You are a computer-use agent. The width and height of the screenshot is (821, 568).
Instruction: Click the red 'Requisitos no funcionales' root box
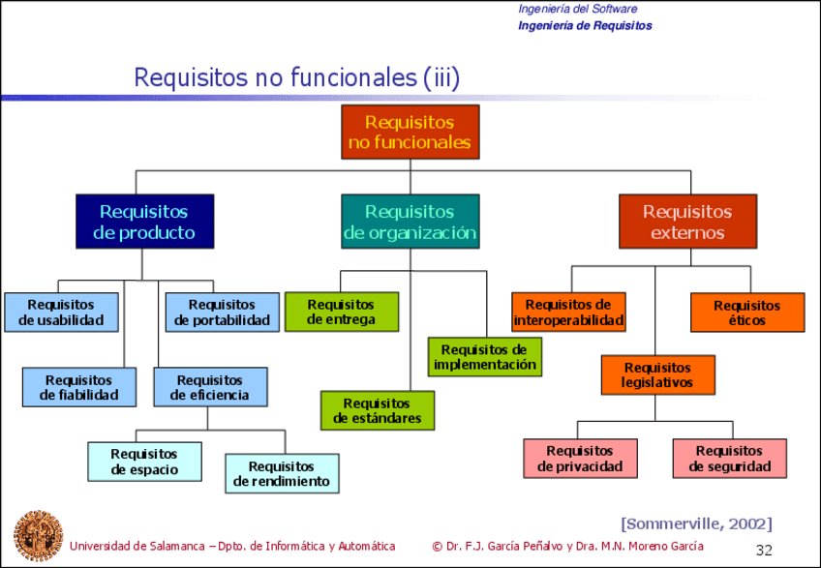tap(410, 133)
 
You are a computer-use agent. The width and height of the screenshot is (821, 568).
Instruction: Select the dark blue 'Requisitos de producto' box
tap(144, 222)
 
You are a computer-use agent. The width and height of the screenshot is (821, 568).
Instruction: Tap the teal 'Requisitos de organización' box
tap(410, 222)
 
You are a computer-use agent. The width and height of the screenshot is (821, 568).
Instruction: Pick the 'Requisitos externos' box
tap(687, 222)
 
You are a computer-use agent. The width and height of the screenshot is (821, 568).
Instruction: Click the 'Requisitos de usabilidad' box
tap(61, 312)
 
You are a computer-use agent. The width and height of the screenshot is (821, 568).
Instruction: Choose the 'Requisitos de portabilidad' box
tap(222, 312)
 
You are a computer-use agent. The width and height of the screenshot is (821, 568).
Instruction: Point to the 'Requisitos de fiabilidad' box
tap(78, 387)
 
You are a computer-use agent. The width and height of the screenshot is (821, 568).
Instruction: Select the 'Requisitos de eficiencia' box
tap(210, 387)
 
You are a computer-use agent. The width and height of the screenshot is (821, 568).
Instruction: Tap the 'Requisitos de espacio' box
tap(144, 462)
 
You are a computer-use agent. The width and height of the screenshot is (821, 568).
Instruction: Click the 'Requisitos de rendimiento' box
tap(282, 473)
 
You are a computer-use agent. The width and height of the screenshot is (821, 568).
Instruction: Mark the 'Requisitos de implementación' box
tap(484, 357)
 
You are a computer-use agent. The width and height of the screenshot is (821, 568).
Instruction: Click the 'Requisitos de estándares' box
tap(378, 410)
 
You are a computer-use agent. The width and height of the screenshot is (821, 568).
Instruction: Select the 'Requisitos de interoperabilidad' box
tap(568, 312)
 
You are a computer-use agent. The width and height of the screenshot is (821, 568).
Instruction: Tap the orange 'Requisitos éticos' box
tap(746, 312)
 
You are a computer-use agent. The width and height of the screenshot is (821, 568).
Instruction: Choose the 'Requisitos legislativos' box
tap(657, 374)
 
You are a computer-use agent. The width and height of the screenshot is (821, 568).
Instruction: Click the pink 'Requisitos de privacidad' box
tap(580, 458)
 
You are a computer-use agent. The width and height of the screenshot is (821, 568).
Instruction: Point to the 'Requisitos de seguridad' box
tap(730, 458)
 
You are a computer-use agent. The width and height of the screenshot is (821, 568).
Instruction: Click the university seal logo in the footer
tap(38, 535)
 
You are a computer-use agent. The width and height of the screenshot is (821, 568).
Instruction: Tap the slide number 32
tap(764, 550)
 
